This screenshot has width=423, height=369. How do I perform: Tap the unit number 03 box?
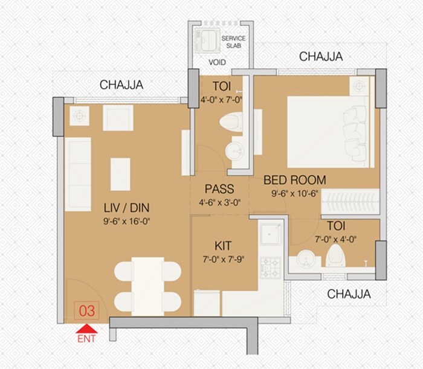pyautogui.click(x=86, y=312)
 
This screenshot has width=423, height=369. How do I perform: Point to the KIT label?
pyautogui.click(x=223, y=246)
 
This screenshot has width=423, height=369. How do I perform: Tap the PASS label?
pyautogui.click(x=219, y=190)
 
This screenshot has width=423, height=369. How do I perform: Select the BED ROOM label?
pyautogui.click(x=294, y=180)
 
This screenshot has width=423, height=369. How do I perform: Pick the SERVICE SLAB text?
pyautogui.click(x=234, y=42)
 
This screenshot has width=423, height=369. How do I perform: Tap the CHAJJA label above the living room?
pyautogui.click(x=121, y=85)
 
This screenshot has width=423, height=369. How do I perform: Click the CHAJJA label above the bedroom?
pyautogui.click(x=321, y=57)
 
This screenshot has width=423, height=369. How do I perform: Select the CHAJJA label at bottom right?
pyautogui.click(x=349, y=294)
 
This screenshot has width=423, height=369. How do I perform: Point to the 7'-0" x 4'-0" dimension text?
pyautogui.click(x=335, y=239)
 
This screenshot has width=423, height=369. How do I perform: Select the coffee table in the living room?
pyautogui.click(x=120, y=173)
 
